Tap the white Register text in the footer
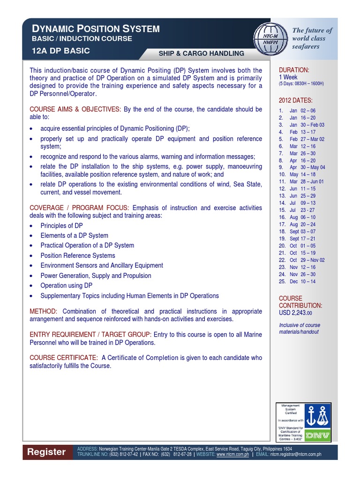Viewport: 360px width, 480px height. coord(46,452)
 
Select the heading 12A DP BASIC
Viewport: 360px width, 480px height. coord(60,51)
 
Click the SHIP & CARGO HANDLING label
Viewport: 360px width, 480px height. coord(201,53)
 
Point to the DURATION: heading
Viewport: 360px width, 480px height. coord(294,70)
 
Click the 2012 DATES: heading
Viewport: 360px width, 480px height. coord(295,100)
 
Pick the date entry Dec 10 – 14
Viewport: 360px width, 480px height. coord(302,281)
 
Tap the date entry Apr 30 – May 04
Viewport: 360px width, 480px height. coord(307,167)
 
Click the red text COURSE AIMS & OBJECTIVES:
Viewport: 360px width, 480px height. coord(75,109)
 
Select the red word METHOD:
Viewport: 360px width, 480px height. coord(43,311)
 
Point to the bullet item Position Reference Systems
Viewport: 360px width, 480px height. coord(78,255)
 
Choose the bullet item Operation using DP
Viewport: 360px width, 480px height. coord(67,285)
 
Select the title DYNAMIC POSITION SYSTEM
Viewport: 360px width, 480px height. coord(96,29)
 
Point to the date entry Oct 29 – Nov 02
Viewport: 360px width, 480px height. coord(307,260)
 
